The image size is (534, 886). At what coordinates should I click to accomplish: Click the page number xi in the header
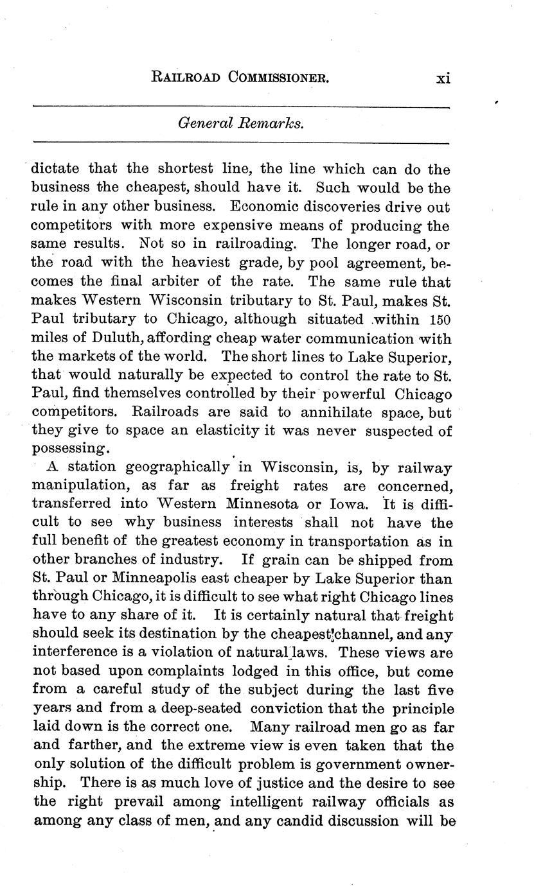tap(443, 78)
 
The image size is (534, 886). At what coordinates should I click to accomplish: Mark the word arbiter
tap(191, 282)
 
